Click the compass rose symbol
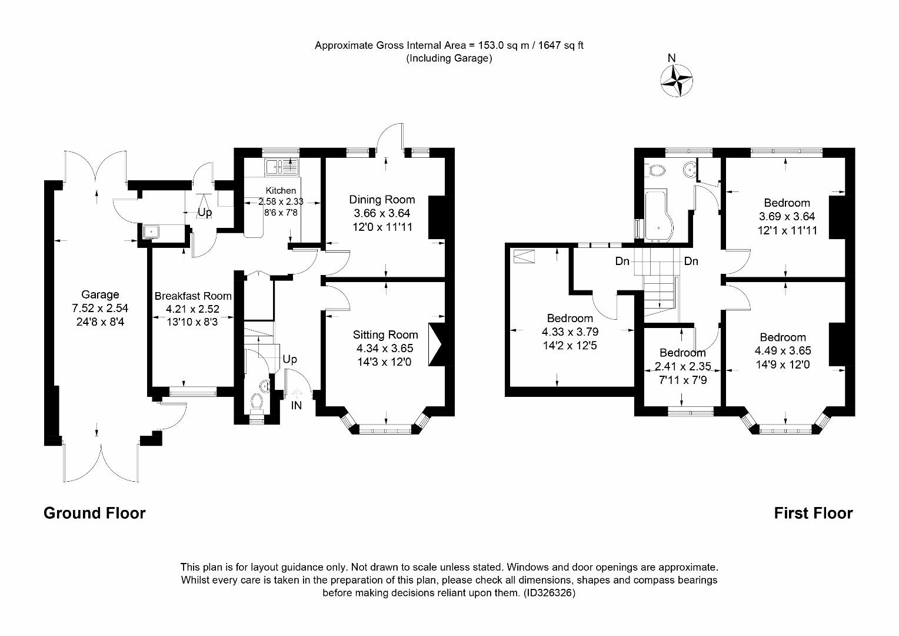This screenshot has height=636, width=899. [x=676, y=80]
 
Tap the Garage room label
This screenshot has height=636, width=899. [x=100, y=294]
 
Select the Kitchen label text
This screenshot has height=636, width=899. [x=281, y=190]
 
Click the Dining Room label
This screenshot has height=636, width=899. [x=382, y=200]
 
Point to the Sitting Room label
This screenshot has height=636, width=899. [x=385, y=335]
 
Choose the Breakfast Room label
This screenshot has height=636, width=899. [x=193, y=296]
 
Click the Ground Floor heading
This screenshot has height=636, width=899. [x=95, y=514]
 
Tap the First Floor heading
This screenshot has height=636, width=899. [x=813, y=514]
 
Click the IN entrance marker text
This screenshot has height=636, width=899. [x=297, y=405]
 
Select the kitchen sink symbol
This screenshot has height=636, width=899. [x=282, y=167]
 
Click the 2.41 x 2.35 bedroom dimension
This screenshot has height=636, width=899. [x=683, y=366]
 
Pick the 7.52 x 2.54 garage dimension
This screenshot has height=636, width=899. [x=100, y=308]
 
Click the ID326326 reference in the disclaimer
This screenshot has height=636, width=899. [x=549, y=593]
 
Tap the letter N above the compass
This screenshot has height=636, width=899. [x=671, y=58]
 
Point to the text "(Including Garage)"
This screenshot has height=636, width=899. [x=449, y=58]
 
